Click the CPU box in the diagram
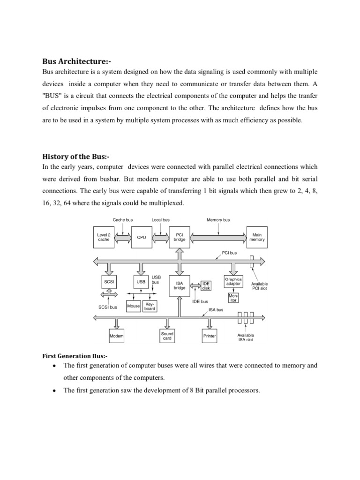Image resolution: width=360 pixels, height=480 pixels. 142,237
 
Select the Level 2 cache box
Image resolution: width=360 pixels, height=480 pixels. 103,237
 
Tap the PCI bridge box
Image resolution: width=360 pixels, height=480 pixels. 180,237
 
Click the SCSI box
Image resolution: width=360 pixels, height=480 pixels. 108,282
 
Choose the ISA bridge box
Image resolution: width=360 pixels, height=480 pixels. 180,285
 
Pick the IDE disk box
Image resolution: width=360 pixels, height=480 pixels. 206,285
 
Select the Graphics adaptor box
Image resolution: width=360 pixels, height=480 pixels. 233,282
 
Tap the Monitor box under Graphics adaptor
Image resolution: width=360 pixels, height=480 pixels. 233,298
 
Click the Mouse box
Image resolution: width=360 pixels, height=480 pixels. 134,306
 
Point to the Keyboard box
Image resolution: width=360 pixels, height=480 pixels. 150,306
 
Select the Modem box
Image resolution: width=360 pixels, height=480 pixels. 116,337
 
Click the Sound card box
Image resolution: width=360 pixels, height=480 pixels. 167,336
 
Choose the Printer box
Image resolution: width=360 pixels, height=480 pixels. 209,337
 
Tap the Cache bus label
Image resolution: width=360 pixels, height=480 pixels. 123,219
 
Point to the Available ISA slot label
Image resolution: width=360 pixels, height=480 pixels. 246,337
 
